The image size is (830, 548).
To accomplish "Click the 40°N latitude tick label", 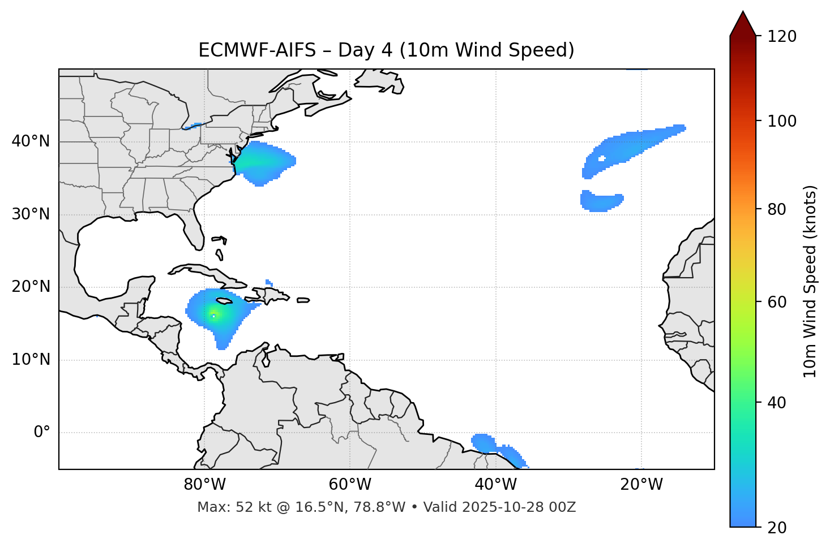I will coord(31,141).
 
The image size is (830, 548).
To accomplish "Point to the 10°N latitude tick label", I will coord(31,360).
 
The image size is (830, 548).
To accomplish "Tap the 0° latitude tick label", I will coord(42,433).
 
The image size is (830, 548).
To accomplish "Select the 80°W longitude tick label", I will coord(204,485).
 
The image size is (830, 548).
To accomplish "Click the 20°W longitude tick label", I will coord(641,485).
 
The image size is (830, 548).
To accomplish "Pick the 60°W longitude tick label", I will coord(350,485).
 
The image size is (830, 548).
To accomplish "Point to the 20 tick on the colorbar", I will coord(777,527).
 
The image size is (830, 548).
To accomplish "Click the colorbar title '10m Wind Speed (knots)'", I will coord(810,281).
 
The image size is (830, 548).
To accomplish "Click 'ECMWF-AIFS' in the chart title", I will coord(257,50).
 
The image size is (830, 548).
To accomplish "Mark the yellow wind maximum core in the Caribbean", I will coord(213,314).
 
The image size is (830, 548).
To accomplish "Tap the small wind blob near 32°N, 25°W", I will coord(601,202).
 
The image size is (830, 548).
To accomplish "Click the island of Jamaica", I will coord(225,301).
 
